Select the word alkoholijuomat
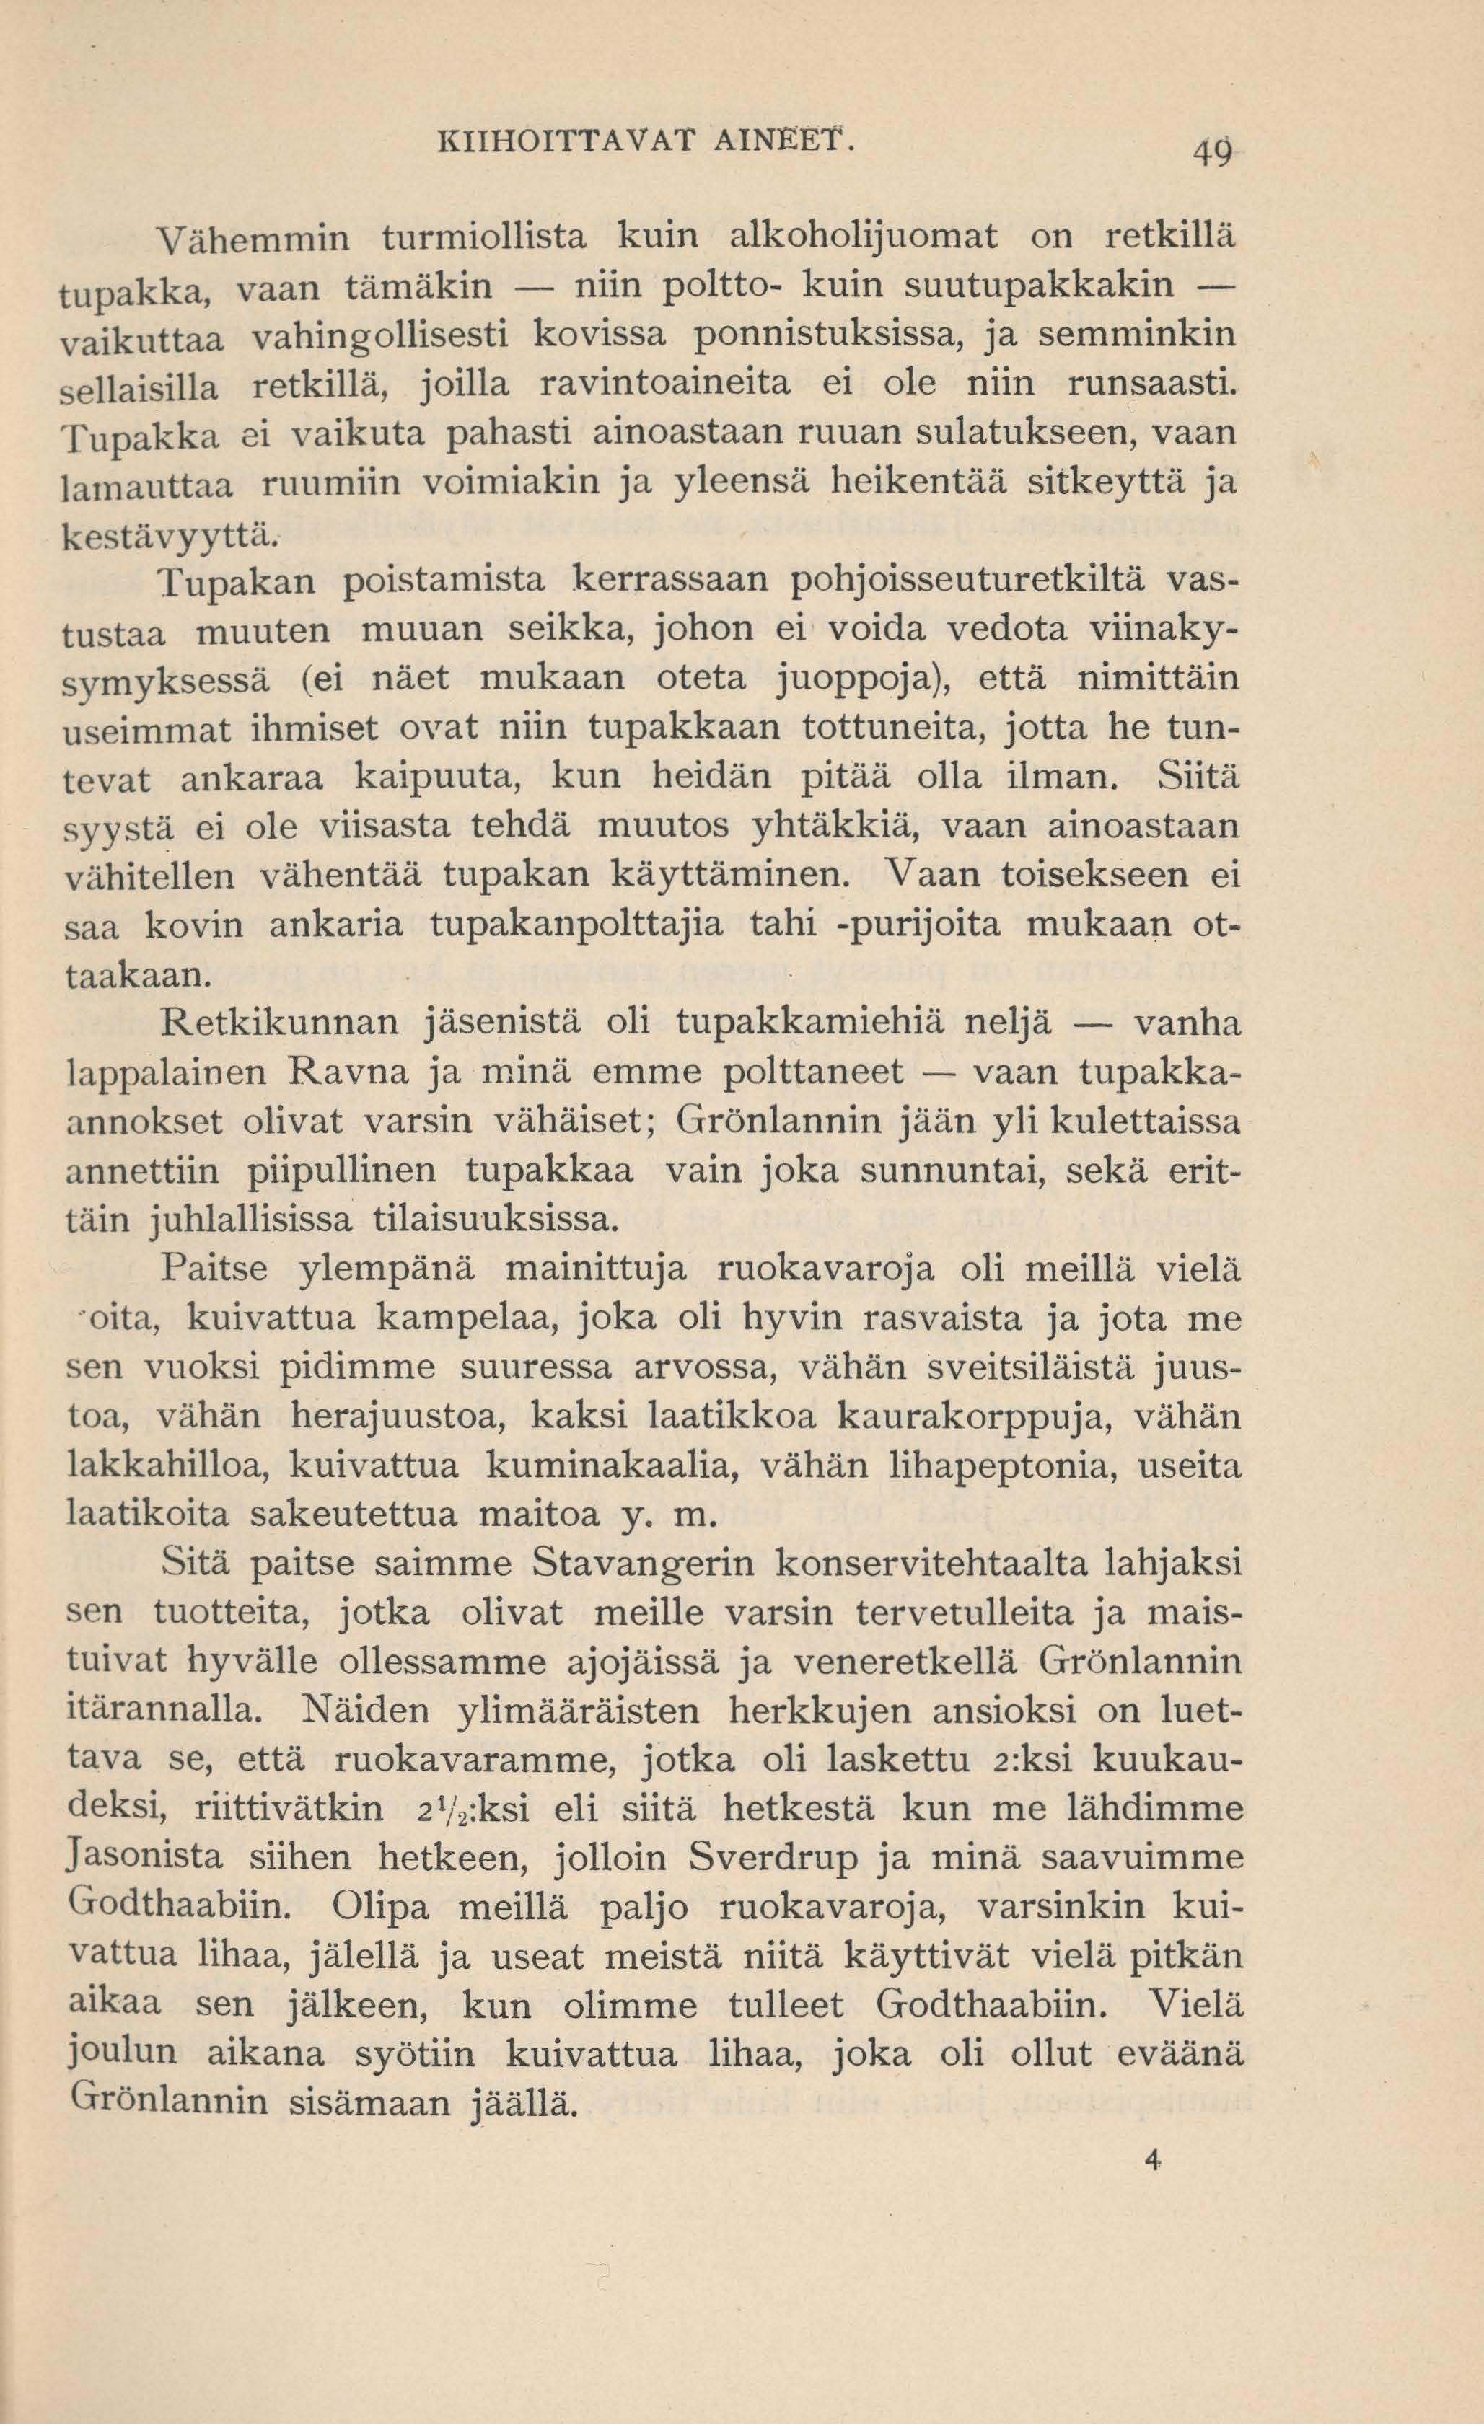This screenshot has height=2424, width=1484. pyautogui.click(x=865, y=237)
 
